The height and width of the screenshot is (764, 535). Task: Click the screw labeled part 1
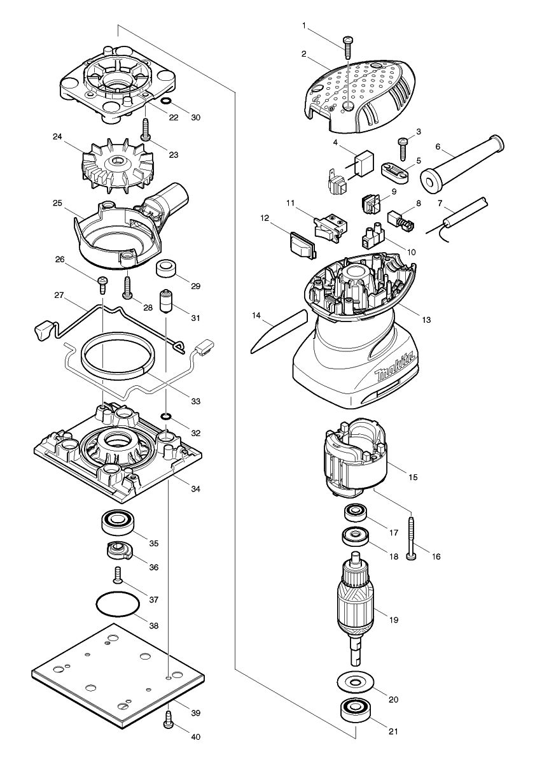348,46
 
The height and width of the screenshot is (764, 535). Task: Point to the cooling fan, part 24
116,165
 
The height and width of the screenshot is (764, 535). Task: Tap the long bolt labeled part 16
412,537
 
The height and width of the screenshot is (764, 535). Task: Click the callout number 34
195,488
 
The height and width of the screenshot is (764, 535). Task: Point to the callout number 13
426,319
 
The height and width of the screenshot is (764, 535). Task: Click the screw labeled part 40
169,719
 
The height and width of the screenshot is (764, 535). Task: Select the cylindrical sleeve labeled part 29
167,269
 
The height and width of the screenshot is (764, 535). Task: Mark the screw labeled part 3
403,148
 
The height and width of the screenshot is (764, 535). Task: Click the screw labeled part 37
117,575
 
